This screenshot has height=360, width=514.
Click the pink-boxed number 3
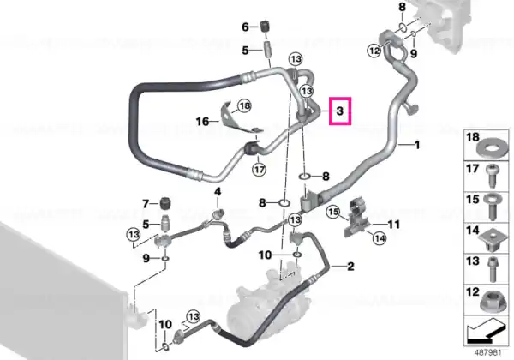[340, 111]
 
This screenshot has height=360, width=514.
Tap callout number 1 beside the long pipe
[417, 145]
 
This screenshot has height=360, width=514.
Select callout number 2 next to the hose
[350, 267]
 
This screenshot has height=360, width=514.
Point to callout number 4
[218, 191]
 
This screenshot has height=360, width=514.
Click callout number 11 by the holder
[394, 225]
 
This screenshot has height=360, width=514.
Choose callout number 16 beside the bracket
[202, 122]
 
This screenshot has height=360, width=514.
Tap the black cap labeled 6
[266, 27]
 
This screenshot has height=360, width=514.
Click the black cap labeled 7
[167, 204]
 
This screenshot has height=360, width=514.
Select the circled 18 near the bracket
[245, 105]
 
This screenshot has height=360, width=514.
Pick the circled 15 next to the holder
[333, 212]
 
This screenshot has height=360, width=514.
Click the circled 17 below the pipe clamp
[259, 170]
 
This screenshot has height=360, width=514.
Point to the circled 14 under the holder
[380, 237]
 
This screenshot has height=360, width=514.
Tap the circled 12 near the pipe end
[374, 51]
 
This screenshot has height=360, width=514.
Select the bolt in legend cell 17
[493, 176]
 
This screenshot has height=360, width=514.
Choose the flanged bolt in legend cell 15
[492, 207]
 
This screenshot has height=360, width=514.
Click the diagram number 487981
[488, 353]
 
